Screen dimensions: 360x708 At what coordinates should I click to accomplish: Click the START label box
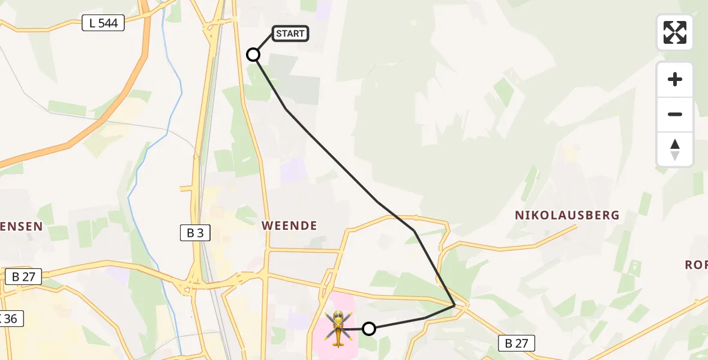point(291,34)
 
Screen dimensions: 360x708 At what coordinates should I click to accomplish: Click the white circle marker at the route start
point(253,55)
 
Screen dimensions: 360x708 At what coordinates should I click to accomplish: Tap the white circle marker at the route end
point(369,328)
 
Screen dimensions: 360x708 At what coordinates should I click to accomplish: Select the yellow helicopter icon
point(338,328)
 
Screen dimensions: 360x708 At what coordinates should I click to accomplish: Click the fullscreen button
point(674,32)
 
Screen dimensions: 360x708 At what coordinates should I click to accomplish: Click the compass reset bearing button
point(674,149)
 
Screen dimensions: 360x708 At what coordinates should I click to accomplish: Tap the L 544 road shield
point(103,23)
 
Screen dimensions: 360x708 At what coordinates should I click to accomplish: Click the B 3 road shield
point(195,233)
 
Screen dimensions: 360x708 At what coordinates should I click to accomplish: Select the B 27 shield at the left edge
point(23,277)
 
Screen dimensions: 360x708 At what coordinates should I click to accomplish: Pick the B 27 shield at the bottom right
point(516,343)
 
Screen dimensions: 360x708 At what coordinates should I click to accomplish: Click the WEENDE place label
point(289,226)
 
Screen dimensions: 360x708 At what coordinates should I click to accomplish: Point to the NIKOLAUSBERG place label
point(567,215)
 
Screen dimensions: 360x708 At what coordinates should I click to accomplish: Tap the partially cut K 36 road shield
point(11,319)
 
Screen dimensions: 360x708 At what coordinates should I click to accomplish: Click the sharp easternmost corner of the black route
point(455,305)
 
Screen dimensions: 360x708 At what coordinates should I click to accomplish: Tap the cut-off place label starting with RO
point(696,265)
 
